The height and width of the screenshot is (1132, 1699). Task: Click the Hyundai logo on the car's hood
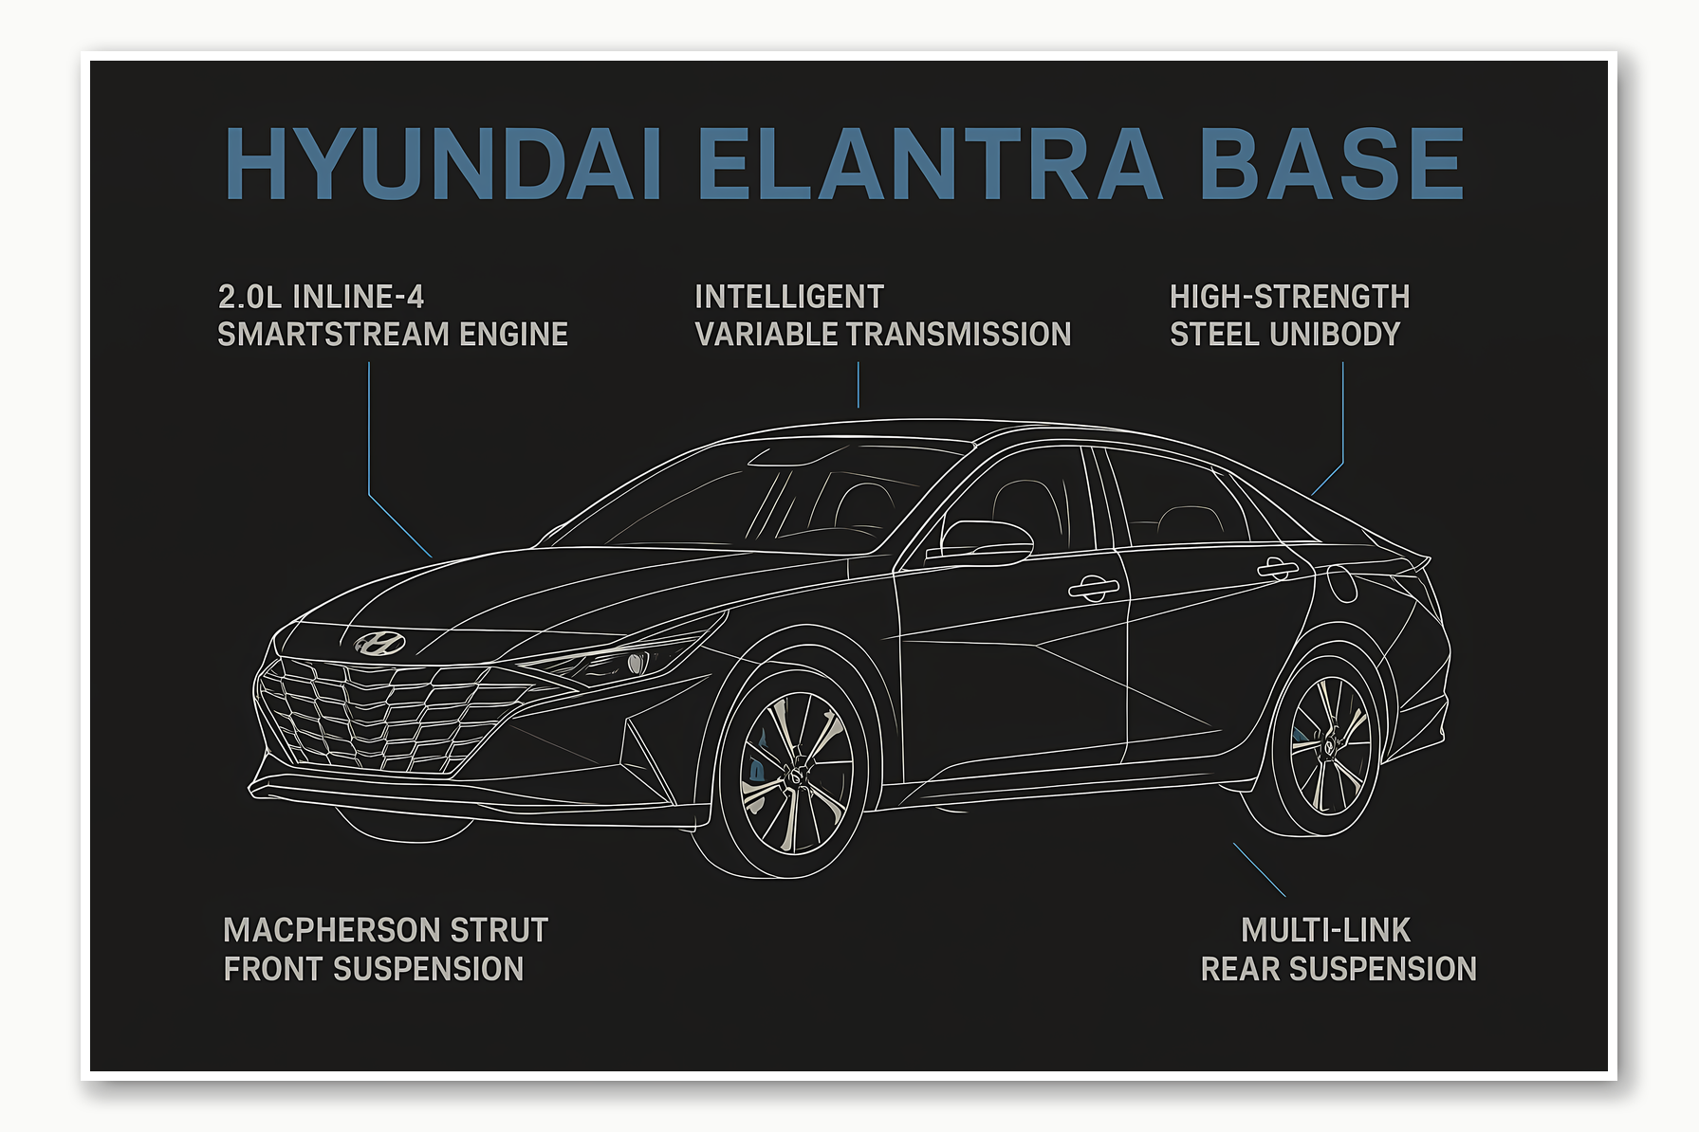coord(379,644)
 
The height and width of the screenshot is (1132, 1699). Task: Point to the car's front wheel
coord(795,773)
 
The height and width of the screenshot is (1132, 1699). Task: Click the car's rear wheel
coord(1329,744)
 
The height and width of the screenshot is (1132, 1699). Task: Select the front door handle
coord(1093,588)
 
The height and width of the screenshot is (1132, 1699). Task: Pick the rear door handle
coord(1277,568)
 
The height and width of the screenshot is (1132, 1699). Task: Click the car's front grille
coord(379,716)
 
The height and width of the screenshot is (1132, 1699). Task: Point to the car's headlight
coord(617,661)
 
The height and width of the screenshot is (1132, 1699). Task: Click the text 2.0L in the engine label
coord(249,297)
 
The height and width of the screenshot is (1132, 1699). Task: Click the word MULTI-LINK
coord(1325,930)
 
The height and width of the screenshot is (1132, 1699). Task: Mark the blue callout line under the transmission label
coord(859,385)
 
